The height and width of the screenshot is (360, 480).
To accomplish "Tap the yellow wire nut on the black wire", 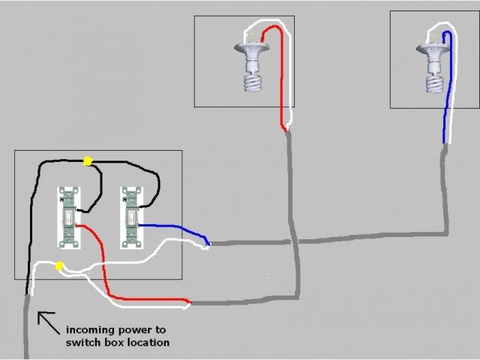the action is (x=88, y=160).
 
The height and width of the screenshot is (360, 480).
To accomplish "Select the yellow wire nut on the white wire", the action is (x=58, y=265).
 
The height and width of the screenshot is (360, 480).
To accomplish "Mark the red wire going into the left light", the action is (x=282, y=75).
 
